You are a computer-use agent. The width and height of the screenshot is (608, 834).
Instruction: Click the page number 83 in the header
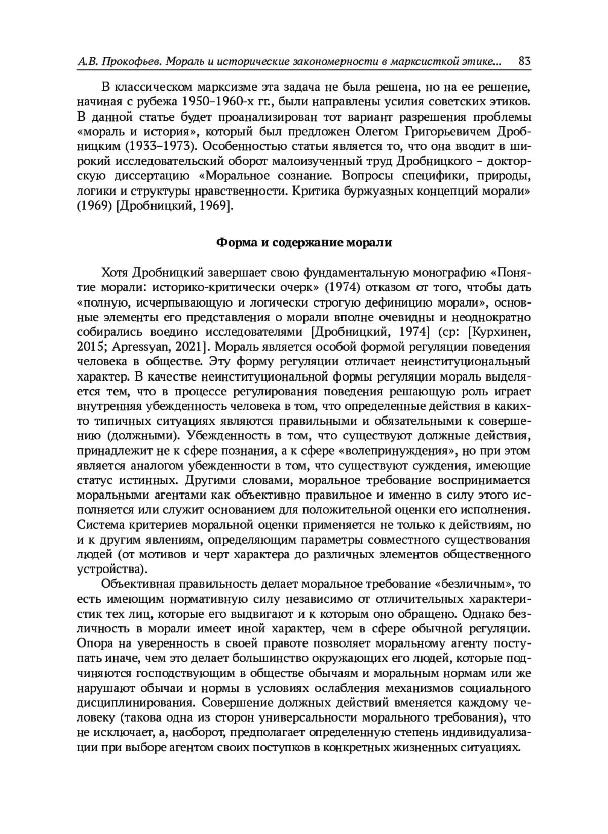(x=524, y=62)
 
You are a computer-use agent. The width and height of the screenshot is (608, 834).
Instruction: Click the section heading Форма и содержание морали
(x=304, y=242)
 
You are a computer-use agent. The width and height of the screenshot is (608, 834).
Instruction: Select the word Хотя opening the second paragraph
(x=115, y=273)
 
